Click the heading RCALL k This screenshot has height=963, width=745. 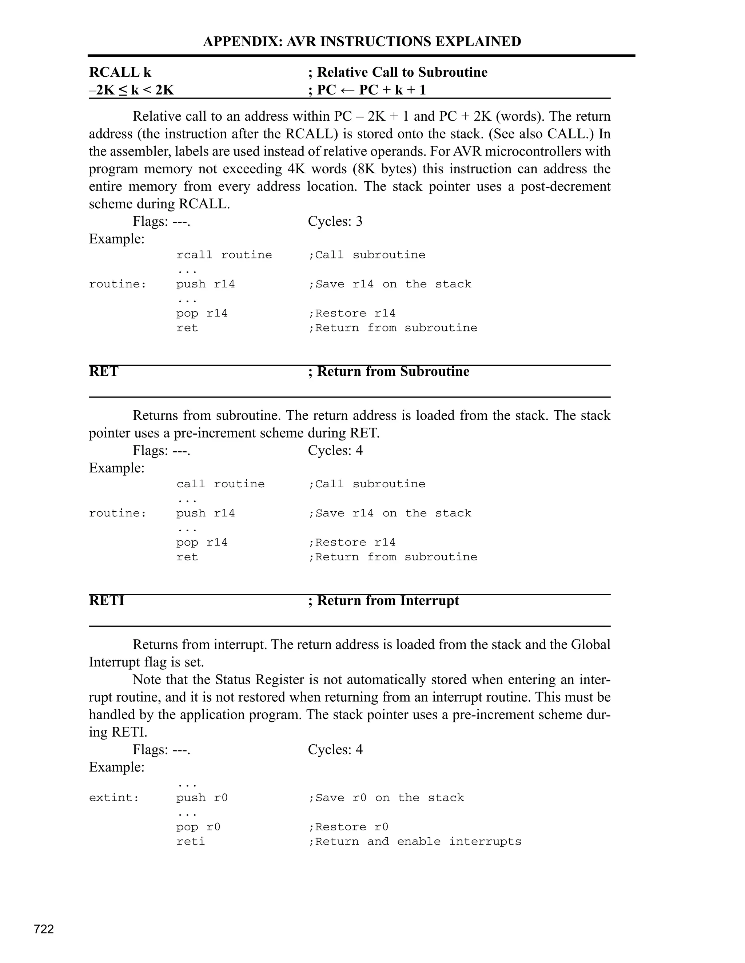point(120,72)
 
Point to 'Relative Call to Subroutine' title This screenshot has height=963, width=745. point(402,72)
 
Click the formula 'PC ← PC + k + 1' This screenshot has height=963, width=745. point(371,90)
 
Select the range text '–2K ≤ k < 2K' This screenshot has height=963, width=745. point(132,90)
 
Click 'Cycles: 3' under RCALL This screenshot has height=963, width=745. point(335,221)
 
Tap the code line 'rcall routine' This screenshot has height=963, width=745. point(224,255)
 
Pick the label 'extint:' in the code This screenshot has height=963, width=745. point(114,798)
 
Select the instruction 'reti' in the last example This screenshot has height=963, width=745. point(191,841)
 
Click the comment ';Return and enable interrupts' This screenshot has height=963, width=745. point(414,841)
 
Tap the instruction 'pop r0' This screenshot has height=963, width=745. point(198,827)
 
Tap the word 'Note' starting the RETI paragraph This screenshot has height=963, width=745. point(147,680)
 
